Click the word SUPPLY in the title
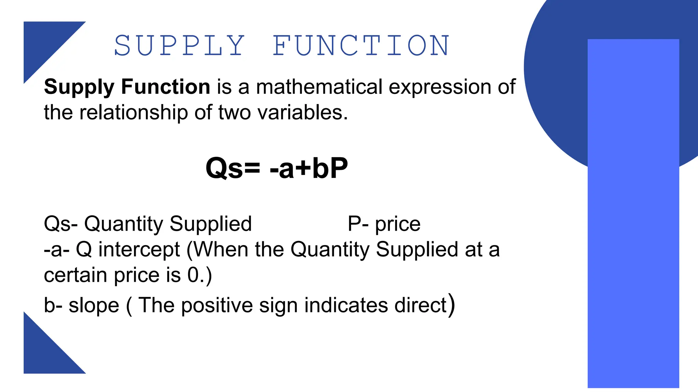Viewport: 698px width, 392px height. tap(179, 46)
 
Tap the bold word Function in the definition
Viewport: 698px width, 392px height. tap(166, 87)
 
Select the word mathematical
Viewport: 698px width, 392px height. tap(319, 87)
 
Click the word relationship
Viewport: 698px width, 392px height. tap(133, 113)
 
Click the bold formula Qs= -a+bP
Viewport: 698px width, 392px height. tap(276, 168)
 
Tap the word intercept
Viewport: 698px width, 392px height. tap(139, 250)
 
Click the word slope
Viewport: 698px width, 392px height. tap(94, 305)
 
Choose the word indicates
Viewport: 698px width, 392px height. tap(346, 305)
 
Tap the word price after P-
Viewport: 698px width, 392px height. tap(398, 225)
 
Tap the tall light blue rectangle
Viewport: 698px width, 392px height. tap(633, 238)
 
